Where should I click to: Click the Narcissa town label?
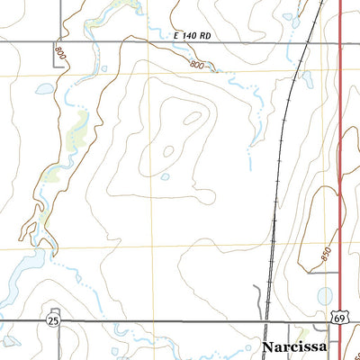300,346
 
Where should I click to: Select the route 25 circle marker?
54,320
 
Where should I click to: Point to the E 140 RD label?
193,34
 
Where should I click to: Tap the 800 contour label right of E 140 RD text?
199,65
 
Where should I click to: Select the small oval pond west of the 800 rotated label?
42,89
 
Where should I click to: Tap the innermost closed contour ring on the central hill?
193,117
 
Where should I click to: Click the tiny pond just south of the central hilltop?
166,176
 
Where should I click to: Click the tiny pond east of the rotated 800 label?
104,68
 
